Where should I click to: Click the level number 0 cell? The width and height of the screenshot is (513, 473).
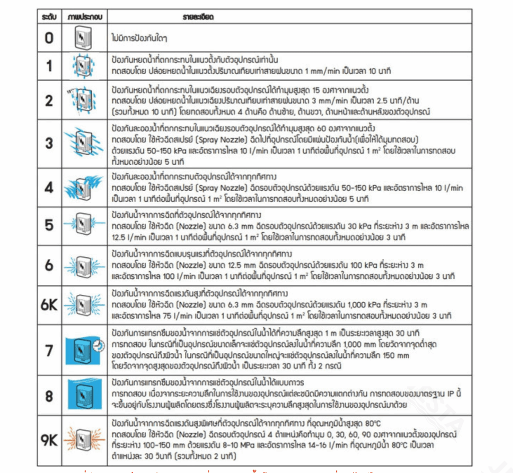49,37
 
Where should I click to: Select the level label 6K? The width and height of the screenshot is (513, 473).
49,305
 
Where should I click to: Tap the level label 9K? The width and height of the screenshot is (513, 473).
49,440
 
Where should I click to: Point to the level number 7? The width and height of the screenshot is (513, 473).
49,350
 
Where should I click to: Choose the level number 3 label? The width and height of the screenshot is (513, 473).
49,143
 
